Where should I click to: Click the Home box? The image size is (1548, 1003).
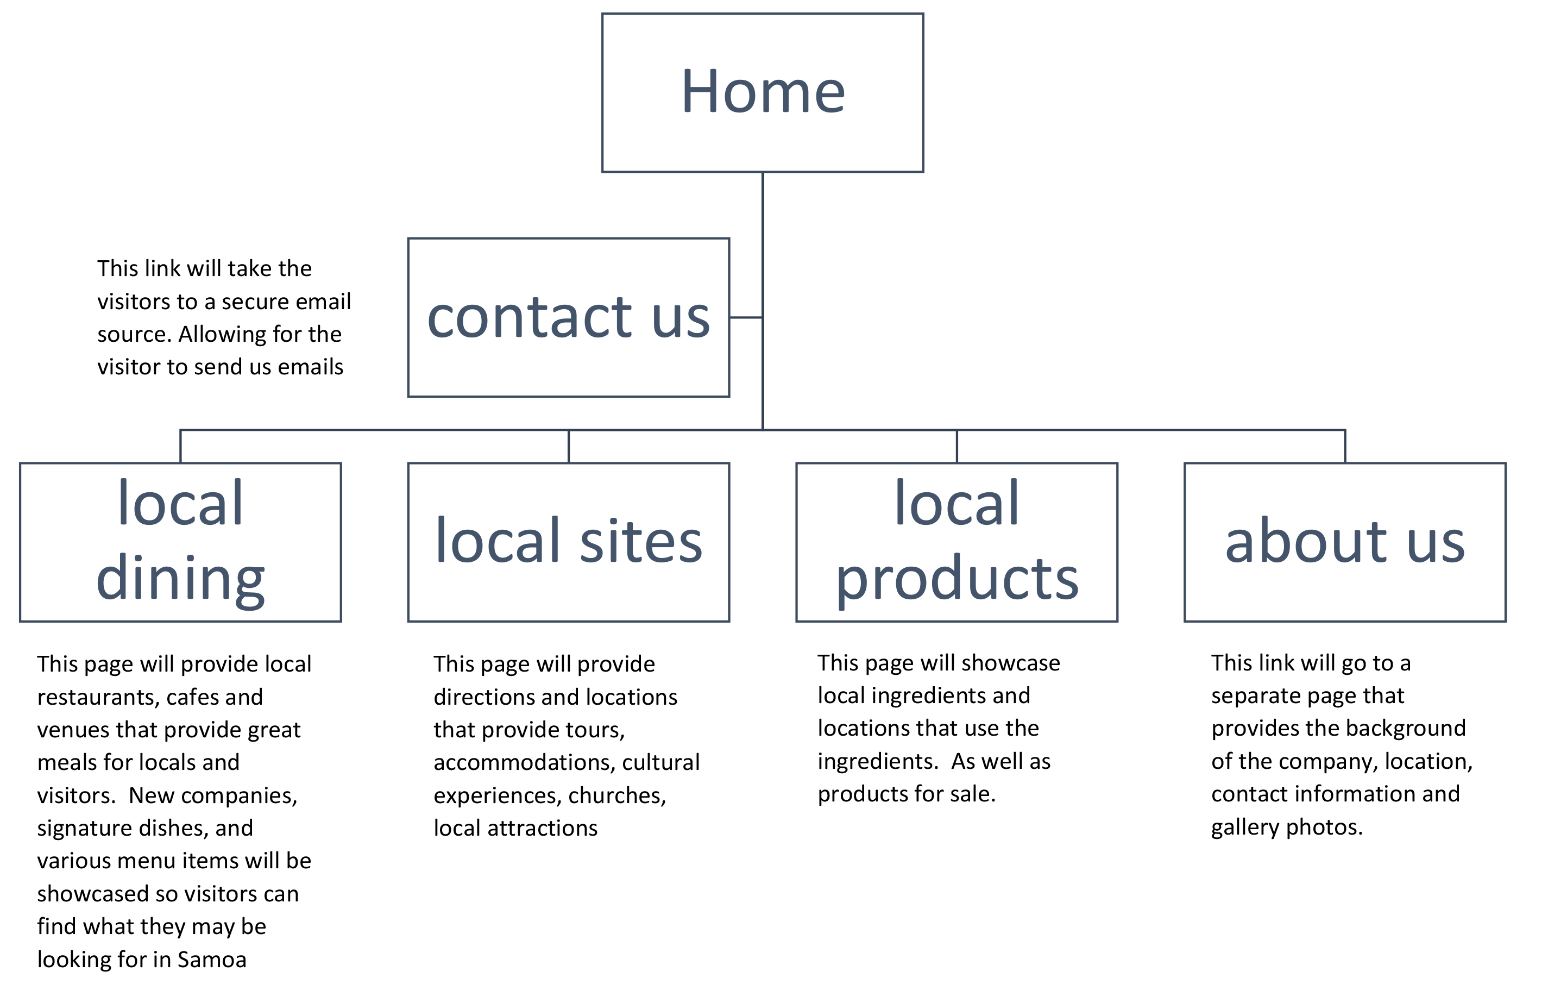pos(762,92)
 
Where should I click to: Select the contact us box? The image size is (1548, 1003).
pos(569,317)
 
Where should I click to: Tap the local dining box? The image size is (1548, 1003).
pos(180,542)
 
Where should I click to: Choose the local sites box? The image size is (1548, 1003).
pos(569,542)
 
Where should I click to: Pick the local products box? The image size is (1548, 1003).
pos(956,542)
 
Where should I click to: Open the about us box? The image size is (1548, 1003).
pos(1344,542)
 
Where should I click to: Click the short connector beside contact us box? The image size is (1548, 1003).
pos(745,317)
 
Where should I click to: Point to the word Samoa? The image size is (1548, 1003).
pos(211,960)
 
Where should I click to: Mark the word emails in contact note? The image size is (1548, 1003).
pos(310,367)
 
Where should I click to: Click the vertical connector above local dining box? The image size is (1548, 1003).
pos(180,446)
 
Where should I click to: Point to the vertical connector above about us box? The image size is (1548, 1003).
pos(1344,446)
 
